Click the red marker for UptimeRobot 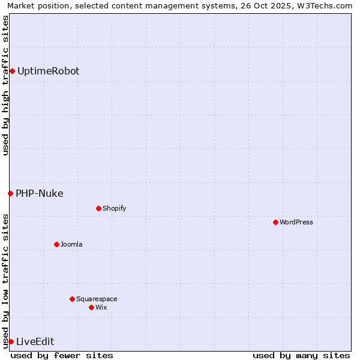point(12,71)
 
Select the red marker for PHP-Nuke point(10,193)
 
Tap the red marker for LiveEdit point(11,341)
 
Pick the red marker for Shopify point(98,208)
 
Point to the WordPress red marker point(275,222)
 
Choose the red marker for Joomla point(56,244)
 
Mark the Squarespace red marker point(72,299)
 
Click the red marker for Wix point(91,307)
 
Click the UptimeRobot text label point(48,71)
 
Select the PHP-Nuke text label point(40,193)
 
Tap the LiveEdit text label point(35,341)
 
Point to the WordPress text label point(296,222)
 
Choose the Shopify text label point(115,208)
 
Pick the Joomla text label point(71,244)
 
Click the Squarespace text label point(97,299)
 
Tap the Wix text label point(101,307)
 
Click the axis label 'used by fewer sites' point(62,355)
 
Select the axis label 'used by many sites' point(301,355)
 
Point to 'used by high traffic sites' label point(5,85)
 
